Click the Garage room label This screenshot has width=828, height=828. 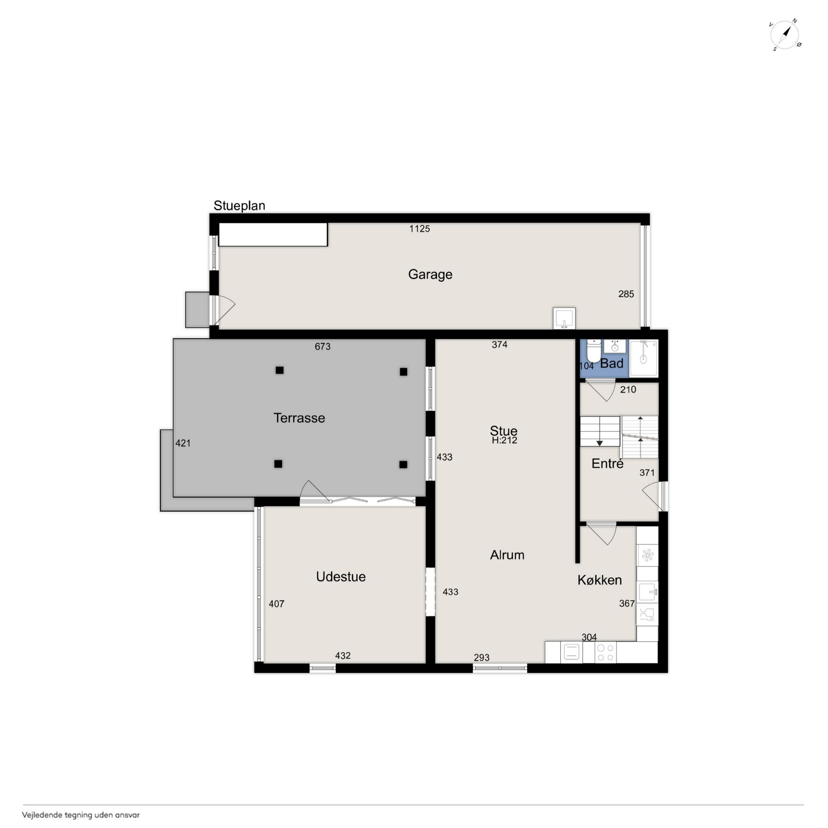[430, 274]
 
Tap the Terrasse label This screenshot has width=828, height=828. [299, 418]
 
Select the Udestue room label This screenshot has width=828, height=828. [341, 576]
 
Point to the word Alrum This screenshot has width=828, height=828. [507, 555]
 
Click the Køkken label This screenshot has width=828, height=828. [600, 580]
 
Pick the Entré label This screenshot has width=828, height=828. [607, 463]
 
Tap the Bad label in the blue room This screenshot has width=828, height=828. [611, 363]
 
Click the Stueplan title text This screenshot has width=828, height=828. [239, 206]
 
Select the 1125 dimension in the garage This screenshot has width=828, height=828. [419, 229]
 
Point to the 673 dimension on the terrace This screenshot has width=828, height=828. [323, 346]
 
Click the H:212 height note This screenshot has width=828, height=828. [504, 440]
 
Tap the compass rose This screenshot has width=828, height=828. [785, 35]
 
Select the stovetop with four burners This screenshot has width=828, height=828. [606, 652]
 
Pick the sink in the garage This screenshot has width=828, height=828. [564, 318]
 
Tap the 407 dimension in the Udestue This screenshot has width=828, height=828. [276, 604]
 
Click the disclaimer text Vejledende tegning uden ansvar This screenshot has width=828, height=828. [81, 815]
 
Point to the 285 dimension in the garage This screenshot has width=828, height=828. [626, 294]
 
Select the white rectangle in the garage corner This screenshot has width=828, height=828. [273, 234]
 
